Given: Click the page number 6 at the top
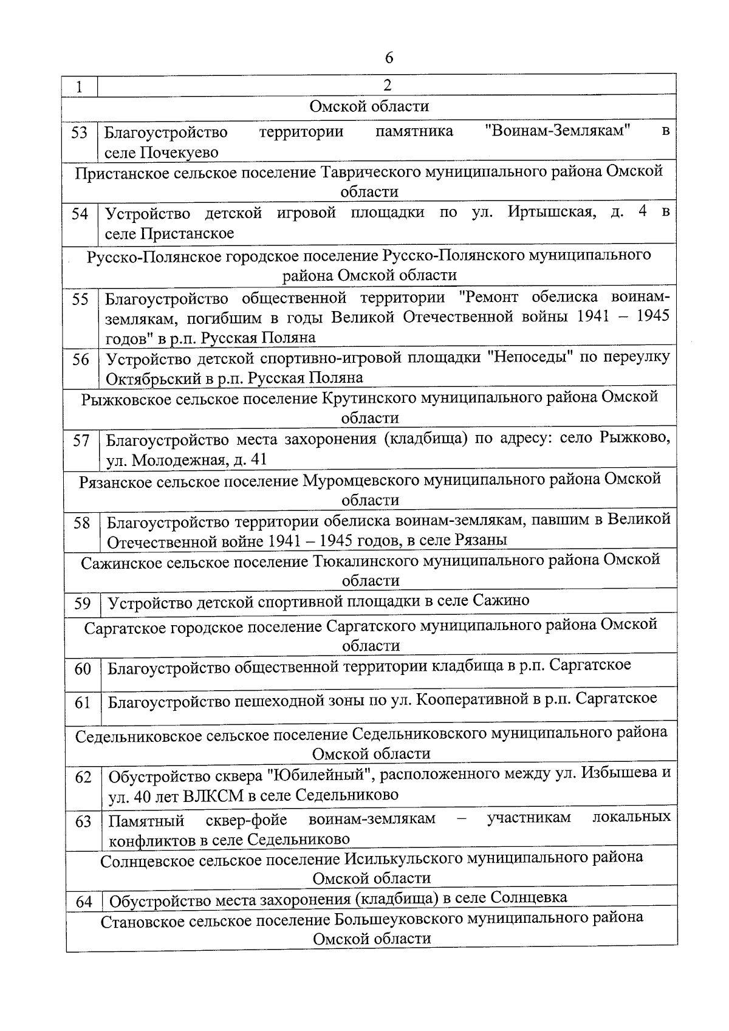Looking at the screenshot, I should point(389,58).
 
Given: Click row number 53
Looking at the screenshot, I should point(80,133).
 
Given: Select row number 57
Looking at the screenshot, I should point(81,440).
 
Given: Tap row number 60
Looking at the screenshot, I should point(83,669).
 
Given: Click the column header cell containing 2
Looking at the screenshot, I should point(387,85).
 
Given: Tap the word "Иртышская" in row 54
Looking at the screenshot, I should point(550,213).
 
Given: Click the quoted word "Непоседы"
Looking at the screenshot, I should point(531,357).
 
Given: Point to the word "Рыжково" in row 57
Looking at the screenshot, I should point(634,438).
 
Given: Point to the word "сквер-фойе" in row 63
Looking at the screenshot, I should point(246,820).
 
